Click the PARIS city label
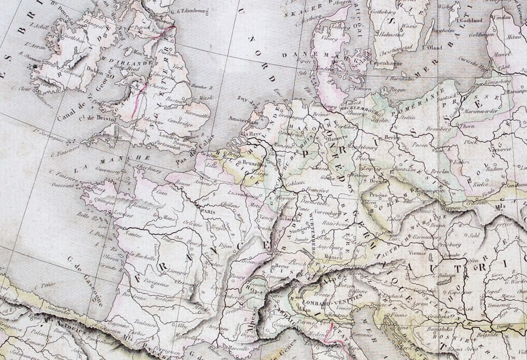point(207,211)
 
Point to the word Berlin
point(392,137)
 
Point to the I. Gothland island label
point(470,21)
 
